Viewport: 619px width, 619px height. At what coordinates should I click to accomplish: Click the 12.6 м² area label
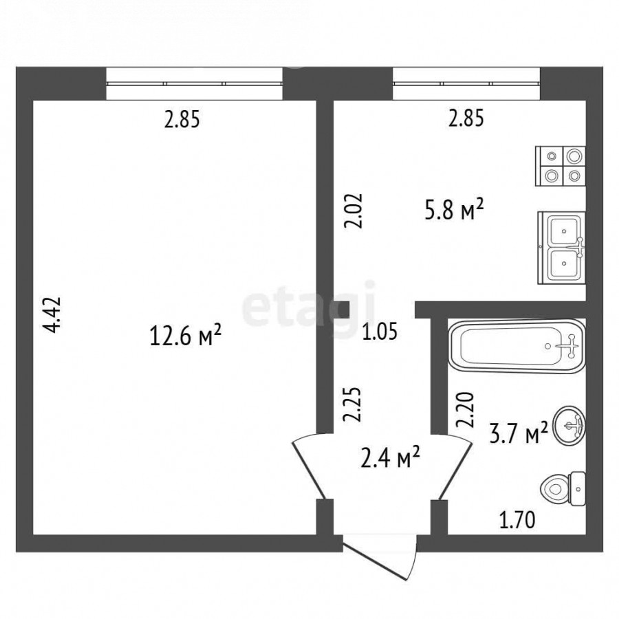185,336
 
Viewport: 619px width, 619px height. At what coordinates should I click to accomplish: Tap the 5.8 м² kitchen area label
454,210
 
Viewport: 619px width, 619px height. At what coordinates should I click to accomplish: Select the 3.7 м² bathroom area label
519,433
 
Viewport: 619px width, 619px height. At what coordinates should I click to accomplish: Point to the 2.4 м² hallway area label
390,457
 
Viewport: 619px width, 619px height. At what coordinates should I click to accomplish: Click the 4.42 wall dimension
52,314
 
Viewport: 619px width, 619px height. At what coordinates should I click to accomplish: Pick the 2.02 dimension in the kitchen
353,210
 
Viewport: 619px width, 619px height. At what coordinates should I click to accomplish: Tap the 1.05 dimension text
380,331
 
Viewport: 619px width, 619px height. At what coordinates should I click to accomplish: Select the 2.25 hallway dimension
352,404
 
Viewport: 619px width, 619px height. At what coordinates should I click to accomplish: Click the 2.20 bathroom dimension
465,410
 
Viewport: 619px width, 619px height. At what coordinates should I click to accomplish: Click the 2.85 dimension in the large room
182,119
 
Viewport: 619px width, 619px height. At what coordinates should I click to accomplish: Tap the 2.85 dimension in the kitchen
466,118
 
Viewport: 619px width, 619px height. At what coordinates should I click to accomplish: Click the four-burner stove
560,166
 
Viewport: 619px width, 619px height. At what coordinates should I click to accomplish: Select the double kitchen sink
561,248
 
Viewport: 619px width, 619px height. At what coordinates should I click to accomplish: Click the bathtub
517,346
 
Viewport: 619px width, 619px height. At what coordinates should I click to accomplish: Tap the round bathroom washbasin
569,425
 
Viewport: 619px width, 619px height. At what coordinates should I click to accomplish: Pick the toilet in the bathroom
563,489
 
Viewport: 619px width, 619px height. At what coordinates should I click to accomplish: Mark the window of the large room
194,83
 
